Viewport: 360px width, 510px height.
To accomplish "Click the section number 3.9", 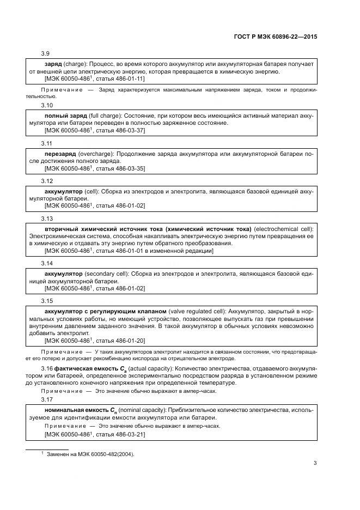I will point(46,53).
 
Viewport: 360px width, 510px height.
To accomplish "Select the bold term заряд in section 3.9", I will point(53,64).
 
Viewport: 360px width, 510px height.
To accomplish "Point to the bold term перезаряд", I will point(60,154).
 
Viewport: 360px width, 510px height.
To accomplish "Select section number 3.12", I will point(47,181).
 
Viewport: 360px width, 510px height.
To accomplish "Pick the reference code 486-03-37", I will point(129,130).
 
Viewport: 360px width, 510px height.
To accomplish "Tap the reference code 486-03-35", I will point(129,169).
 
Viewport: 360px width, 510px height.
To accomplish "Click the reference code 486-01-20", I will point(129,341).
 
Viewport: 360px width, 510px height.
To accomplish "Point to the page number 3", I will point(315,464).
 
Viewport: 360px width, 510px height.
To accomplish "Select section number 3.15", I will point(47,300).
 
